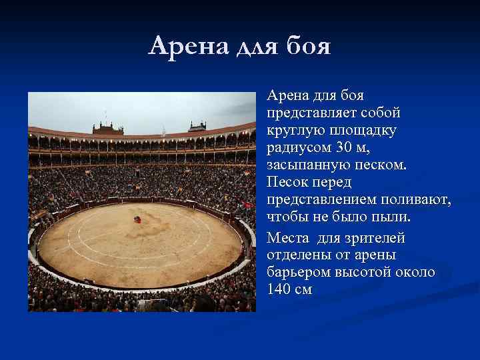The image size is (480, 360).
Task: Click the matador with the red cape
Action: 137,219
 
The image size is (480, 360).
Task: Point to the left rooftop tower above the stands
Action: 107,127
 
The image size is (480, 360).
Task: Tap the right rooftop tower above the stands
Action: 197,126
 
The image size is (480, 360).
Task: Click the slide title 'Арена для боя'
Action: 240,46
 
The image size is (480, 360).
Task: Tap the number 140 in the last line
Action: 280,289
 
